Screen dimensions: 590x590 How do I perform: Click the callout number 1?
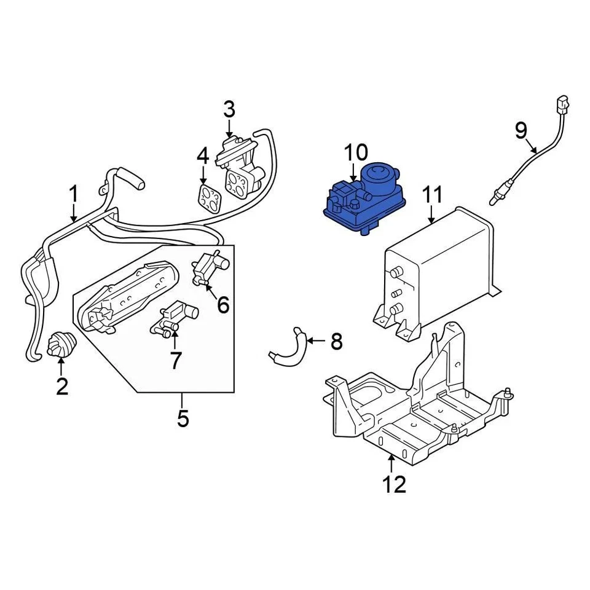coord(73,195)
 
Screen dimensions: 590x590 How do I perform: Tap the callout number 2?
coord(62,386)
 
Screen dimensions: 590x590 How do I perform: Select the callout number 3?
coord(229,110)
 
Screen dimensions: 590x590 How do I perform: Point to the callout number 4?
coord(203,156)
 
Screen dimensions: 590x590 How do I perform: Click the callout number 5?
coord(183,418)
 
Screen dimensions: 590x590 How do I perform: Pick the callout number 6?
coord(222,304)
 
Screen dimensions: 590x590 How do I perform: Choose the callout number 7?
coord(176,360)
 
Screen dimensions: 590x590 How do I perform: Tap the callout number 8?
coord(336,341)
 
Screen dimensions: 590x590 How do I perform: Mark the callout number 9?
coord(521,130)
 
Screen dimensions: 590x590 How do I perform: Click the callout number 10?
coord(355,152)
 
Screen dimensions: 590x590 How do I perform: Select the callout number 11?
coord(432,195)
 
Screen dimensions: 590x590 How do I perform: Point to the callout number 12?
coord(393,484)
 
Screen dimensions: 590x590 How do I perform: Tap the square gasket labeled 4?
coord(211,198)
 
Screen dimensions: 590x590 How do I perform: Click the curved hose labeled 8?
coord(289,348)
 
